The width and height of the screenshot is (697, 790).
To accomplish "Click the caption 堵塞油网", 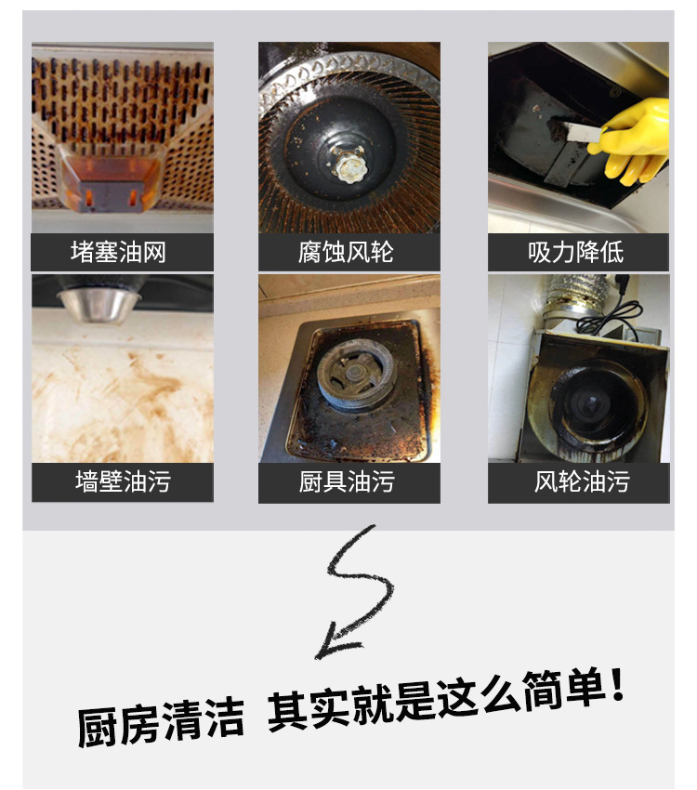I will (122, 252).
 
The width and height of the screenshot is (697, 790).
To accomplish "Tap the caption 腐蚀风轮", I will (348, 252).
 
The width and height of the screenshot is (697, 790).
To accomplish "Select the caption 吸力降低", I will (577, 252).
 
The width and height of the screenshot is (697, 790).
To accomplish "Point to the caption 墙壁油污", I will (122, 482).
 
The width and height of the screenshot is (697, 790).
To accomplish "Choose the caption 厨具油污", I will (348, 482).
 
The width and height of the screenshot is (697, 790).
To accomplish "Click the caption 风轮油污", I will (577, 482).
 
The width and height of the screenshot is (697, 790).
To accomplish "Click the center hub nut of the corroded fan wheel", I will (350, 167).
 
